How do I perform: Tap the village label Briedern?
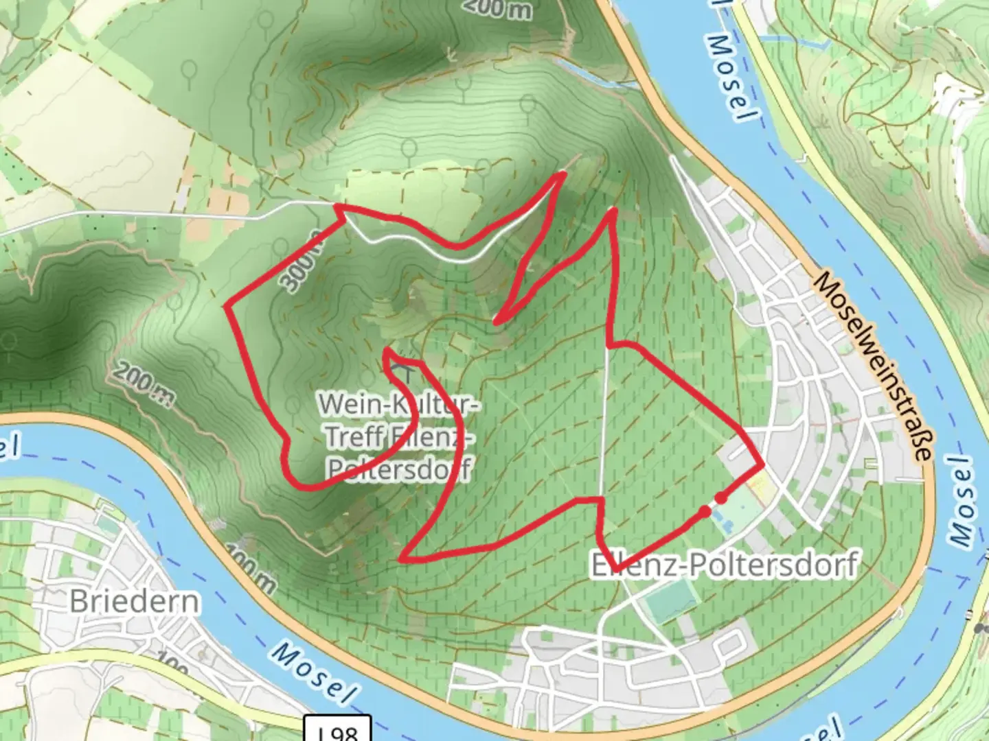point(135,601)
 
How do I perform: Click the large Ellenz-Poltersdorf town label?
point(724,565)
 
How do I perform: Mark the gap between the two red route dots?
point(713,504)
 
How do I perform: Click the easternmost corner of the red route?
point(763,464)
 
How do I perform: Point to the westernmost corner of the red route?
point(227,306)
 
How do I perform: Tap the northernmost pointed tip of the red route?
point(563,174)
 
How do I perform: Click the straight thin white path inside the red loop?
point(605,425)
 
